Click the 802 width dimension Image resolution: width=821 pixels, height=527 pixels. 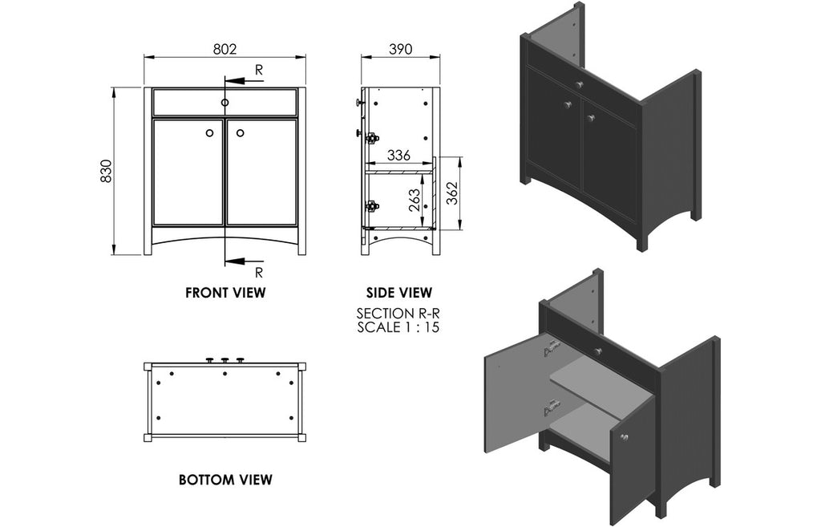224,49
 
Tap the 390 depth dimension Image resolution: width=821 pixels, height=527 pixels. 400,49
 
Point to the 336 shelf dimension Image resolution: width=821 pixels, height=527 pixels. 399,155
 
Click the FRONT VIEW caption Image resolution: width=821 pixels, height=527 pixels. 225,293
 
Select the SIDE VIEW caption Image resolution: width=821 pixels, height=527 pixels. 398,293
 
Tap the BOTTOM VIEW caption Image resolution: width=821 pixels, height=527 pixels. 225,480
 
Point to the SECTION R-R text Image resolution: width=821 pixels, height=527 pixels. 398,314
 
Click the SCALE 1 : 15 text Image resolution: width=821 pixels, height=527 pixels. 398,327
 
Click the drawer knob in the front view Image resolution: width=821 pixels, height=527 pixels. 225,103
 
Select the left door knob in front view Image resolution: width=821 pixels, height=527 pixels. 210,132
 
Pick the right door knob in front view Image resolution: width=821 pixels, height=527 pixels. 240,132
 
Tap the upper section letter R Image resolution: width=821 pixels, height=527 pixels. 258,70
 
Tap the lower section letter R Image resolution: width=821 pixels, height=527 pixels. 258,271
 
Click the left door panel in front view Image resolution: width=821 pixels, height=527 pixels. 188,172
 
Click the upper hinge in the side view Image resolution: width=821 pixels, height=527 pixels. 371,138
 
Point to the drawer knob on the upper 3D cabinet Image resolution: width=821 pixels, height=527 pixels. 578,83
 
